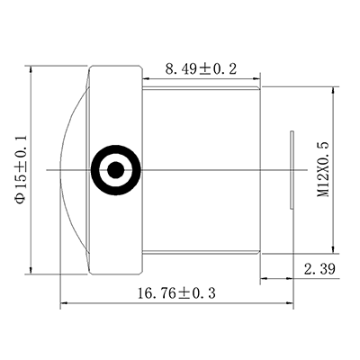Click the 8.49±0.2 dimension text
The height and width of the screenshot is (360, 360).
[x=201, y=68]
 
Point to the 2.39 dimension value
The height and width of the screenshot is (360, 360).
[x=319, y=268]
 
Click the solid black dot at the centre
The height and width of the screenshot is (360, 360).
[x=115, y=169]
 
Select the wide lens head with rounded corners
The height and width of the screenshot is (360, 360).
[x=115, y=99]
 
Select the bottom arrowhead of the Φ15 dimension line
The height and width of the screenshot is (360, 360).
[x=32, y=269]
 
